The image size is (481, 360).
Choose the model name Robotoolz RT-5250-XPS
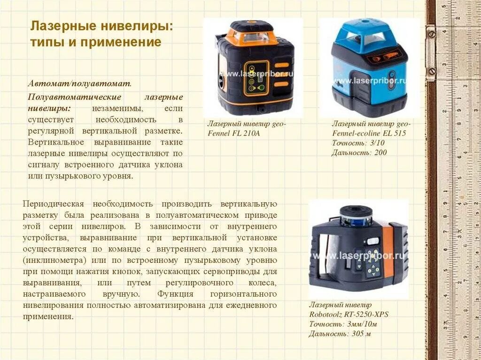[x=349, y=314]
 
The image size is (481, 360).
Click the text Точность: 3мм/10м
[x=343, y=324]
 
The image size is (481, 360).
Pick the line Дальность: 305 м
[x=340, y=334]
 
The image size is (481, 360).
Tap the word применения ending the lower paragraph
[x=48, y=316]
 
